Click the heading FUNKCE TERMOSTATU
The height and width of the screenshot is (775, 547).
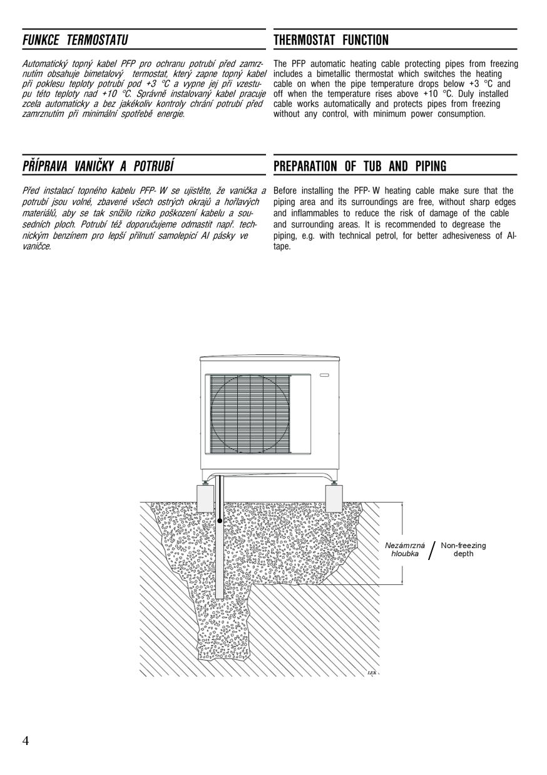click(74, 41)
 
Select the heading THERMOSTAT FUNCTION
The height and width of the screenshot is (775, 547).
click(331, 41)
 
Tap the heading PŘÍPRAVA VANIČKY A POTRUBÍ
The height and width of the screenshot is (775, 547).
click(98, 166)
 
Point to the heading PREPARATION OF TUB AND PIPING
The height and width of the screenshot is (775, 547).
click(360, 166)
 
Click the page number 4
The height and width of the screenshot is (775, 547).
click(25, 741)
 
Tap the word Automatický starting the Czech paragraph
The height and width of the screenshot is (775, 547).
click(44, 64)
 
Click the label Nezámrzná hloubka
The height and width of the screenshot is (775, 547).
click(404, 549)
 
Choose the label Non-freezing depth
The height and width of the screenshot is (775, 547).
click(463, 549)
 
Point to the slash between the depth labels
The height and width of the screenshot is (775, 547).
click(432, 551)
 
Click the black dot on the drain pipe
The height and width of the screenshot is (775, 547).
click(220, 519)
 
